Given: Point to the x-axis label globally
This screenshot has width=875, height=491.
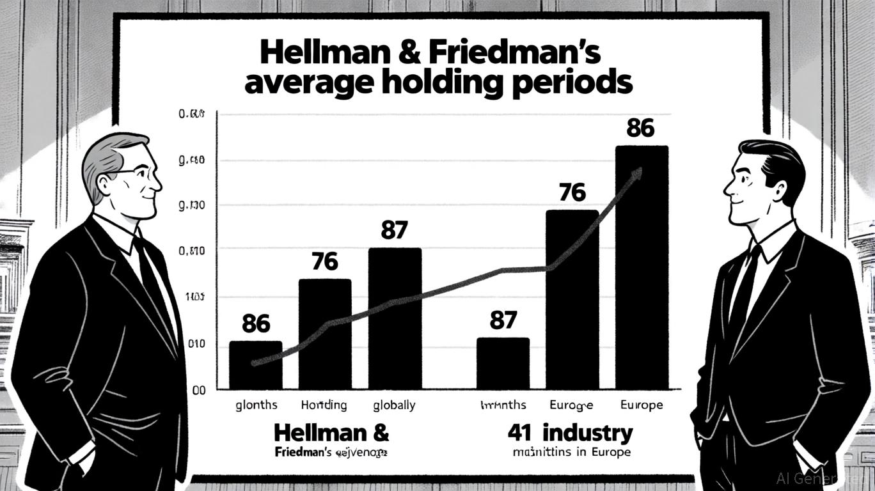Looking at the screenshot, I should pos(394,405).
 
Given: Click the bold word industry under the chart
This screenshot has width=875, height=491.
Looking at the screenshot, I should pos(587,433).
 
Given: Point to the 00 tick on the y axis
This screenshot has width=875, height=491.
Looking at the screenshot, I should pos(198,389).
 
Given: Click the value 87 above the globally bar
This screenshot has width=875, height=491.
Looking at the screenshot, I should pos(394,230).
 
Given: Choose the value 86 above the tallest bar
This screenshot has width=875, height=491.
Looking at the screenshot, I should pos(640,129).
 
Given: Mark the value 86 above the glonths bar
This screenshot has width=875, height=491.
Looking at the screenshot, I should pos(256,324).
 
